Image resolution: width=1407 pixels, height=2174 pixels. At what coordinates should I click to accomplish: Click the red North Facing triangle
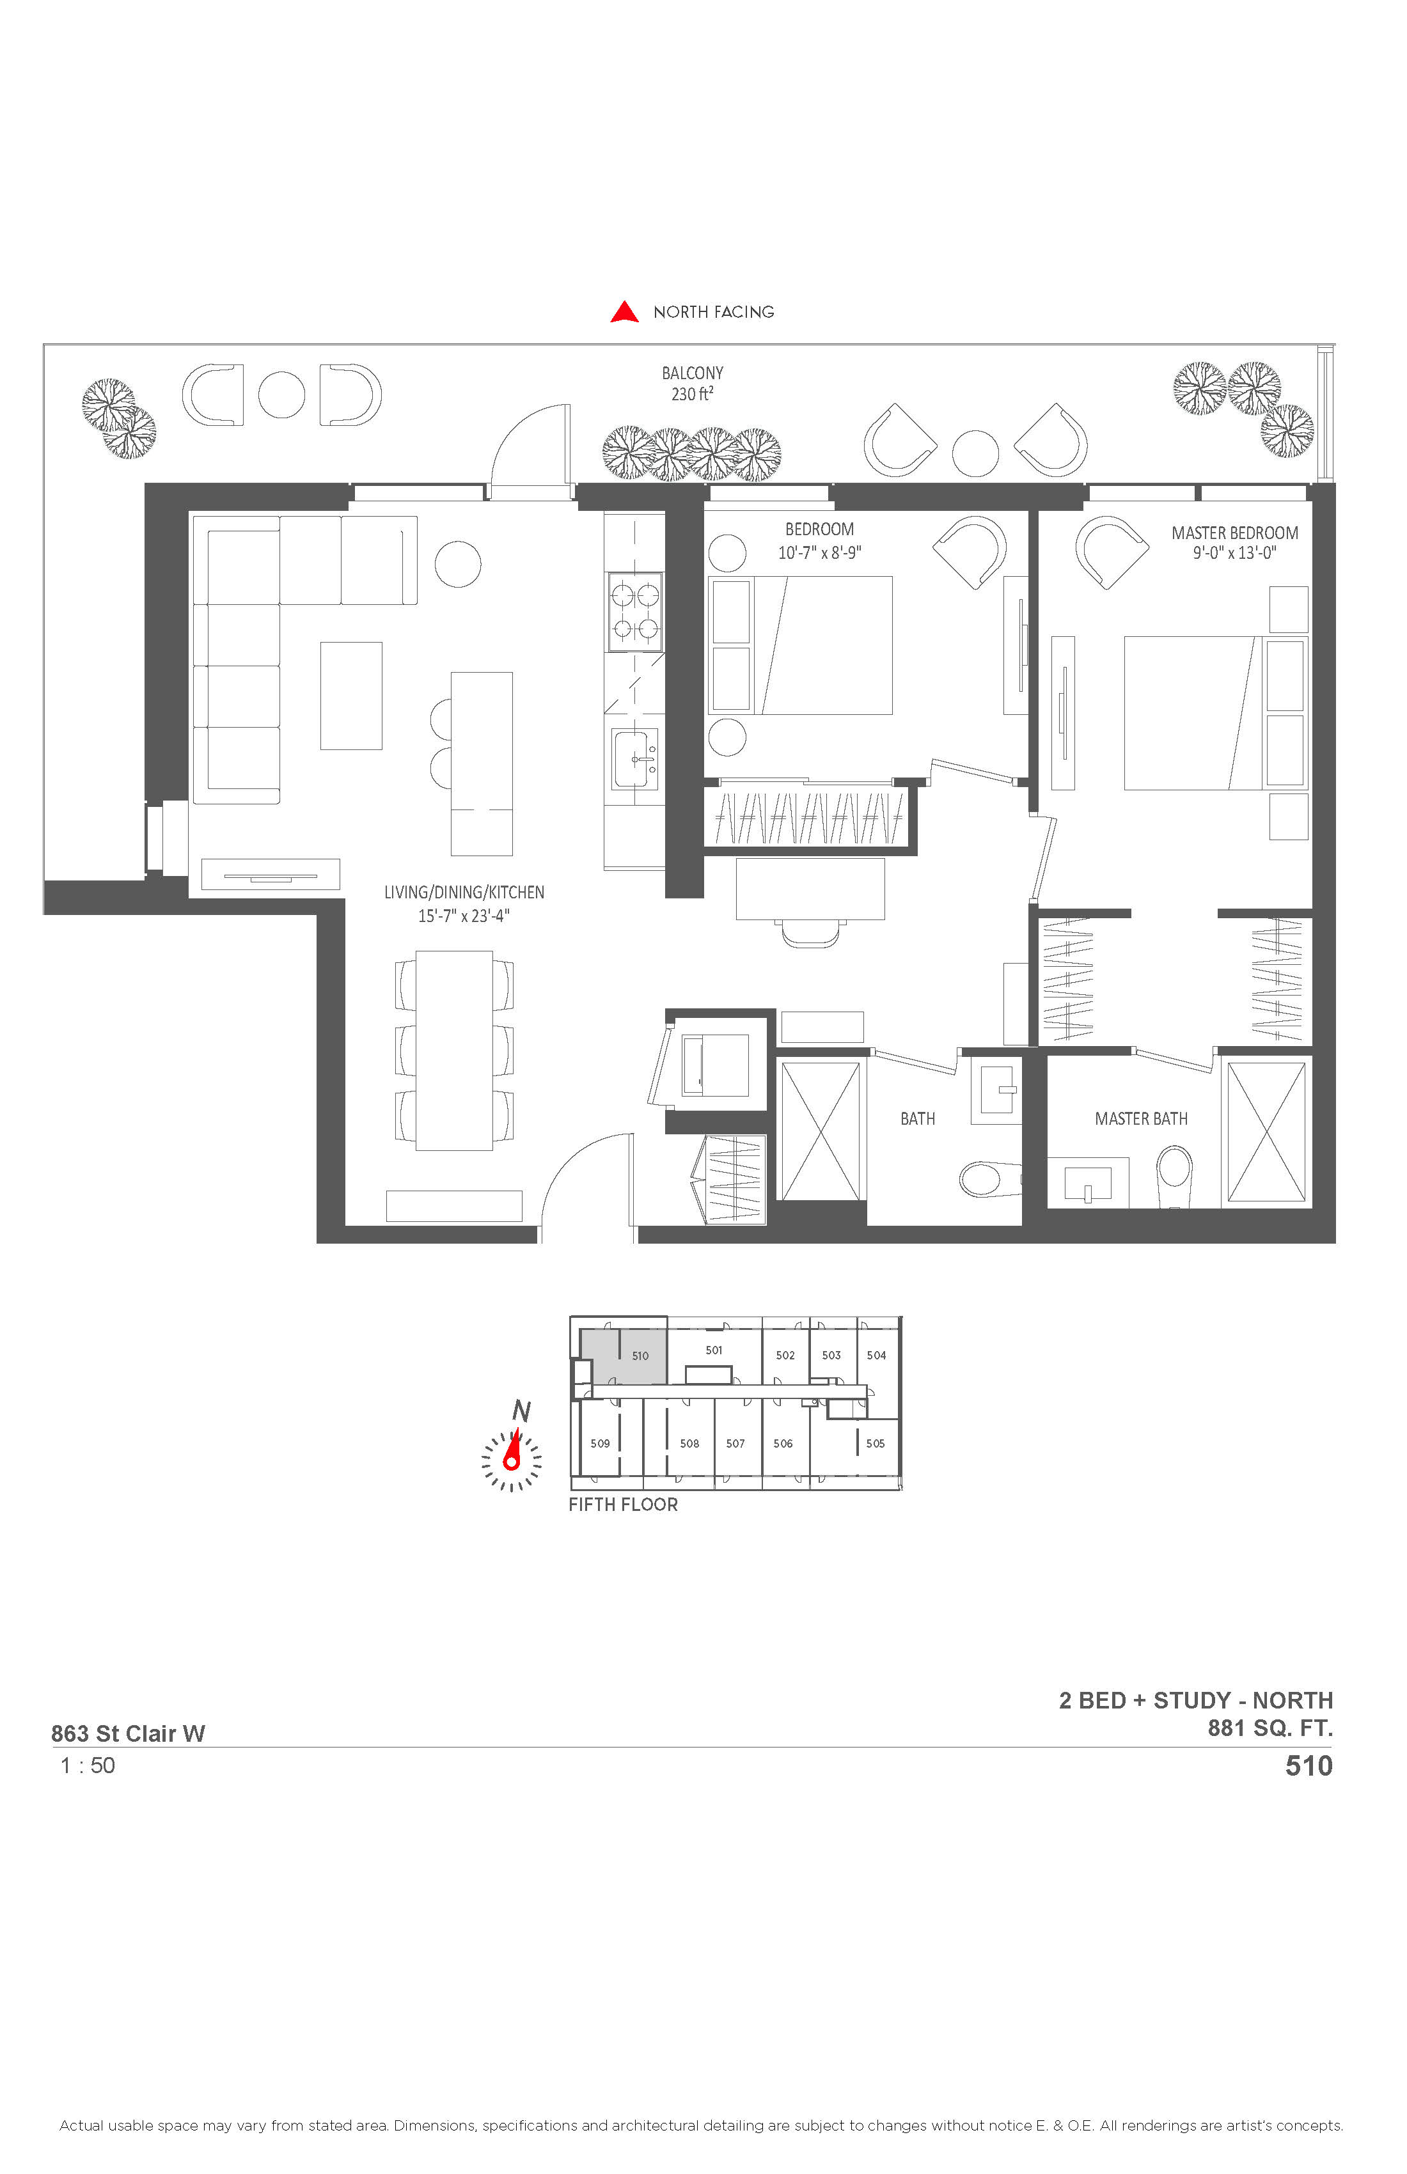[x=624, y=313]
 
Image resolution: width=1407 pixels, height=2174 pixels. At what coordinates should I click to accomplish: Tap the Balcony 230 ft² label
[x=693, y=384]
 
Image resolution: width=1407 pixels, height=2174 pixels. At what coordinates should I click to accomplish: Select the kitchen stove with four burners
[x=635, y=612]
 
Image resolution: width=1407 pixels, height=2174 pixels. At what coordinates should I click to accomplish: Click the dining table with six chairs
[x=454, y=1051]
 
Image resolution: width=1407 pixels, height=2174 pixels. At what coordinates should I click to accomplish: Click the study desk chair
[x=810, y=934]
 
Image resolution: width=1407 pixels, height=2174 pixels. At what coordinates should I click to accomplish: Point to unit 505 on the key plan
[x=876, y=1443]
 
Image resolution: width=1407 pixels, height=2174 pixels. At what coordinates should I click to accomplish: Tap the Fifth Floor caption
[x=623, y=1505]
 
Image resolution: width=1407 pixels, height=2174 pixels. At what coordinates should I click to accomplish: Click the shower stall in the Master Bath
[x=1266, y=1132]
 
